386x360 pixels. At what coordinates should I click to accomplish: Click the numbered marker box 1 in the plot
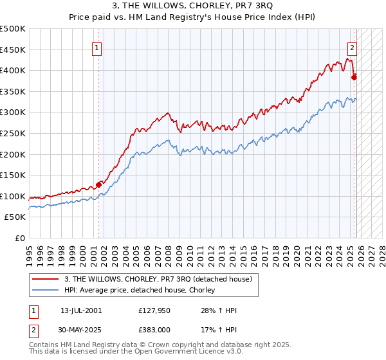pyautogui.click(x=96, y=47)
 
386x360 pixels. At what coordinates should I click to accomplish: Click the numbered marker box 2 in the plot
pyautogui.click(x=353, y=47)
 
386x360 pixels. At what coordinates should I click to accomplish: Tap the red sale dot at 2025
pyautogui.click(x=354, y=77)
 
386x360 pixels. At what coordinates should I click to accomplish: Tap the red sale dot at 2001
pyautogui.click(x=98, y=184)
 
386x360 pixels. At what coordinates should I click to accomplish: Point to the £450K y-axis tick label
pyautogui.click(x=13, y=50)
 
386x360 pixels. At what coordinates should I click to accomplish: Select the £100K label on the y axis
pyautogui.click(x=13, y=196)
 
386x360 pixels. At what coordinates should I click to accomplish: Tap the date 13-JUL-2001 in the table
pyautogui.click(x=81, y=310)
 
